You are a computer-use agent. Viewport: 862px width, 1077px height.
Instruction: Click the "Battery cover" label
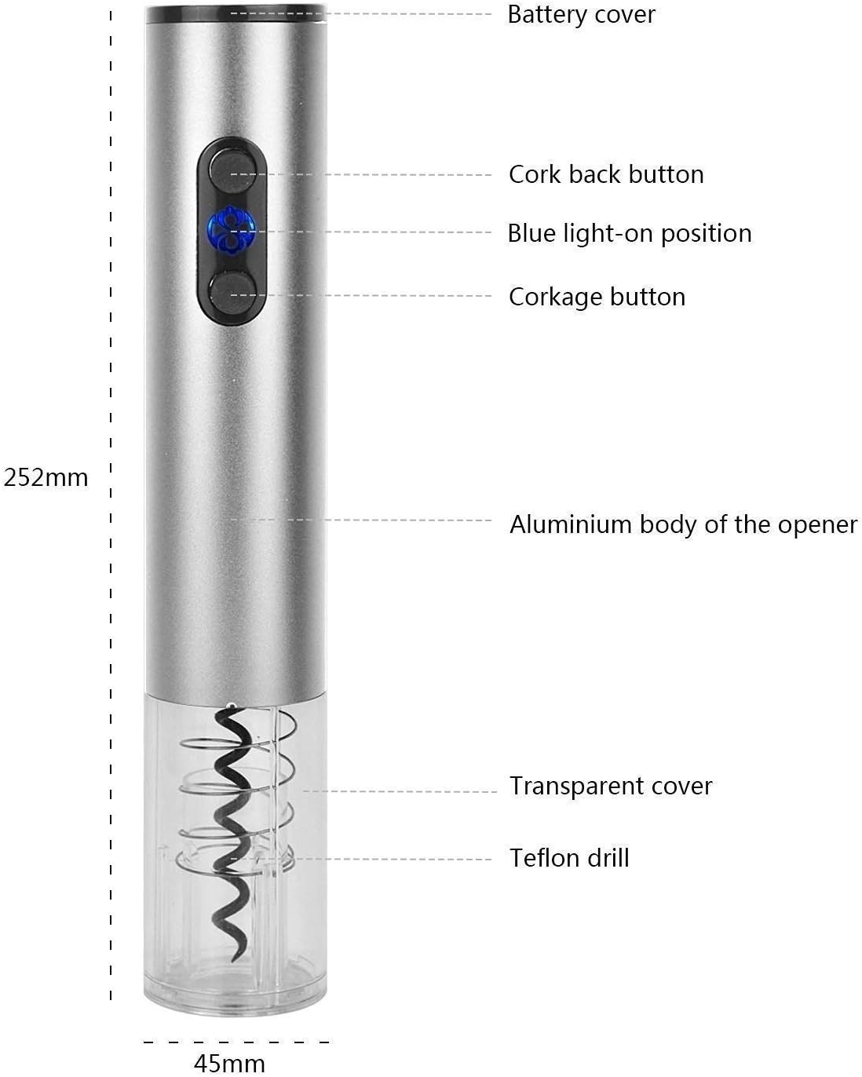pos(581,15)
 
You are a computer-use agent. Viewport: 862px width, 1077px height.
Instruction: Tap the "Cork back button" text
pos(605,174)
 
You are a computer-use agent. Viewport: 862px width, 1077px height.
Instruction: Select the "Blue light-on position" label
pos(629,234)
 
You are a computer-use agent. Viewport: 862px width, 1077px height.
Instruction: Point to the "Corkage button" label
pos(597,297)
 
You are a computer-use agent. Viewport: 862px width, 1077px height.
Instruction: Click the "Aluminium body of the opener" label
pos(683,524)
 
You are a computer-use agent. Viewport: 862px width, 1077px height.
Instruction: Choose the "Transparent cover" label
pos(610,786)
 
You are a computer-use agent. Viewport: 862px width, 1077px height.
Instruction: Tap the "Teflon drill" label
pos(569,857)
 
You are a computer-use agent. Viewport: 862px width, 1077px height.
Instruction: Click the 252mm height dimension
pos(46,477)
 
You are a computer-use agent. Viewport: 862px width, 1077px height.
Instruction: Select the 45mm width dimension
pos(229,1064)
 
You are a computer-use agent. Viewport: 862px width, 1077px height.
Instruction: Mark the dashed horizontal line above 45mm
pos(236,1042)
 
